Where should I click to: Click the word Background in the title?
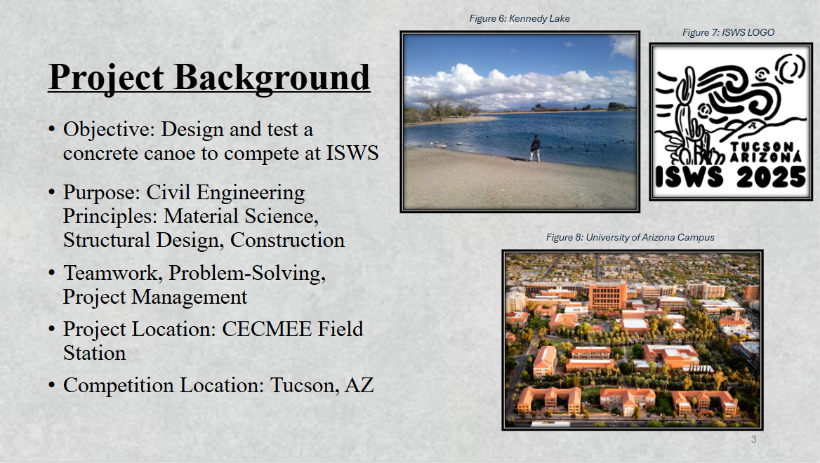272,78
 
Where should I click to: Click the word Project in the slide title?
106,78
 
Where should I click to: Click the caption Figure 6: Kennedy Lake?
520,18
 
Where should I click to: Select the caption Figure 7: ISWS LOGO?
728,32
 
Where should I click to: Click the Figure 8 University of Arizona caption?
630,237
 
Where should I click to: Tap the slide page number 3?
753,439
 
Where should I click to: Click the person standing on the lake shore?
535,148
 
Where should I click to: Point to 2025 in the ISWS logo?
772,177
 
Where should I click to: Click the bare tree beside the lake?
437,106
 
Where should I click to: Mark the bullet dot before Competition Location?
51,386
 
